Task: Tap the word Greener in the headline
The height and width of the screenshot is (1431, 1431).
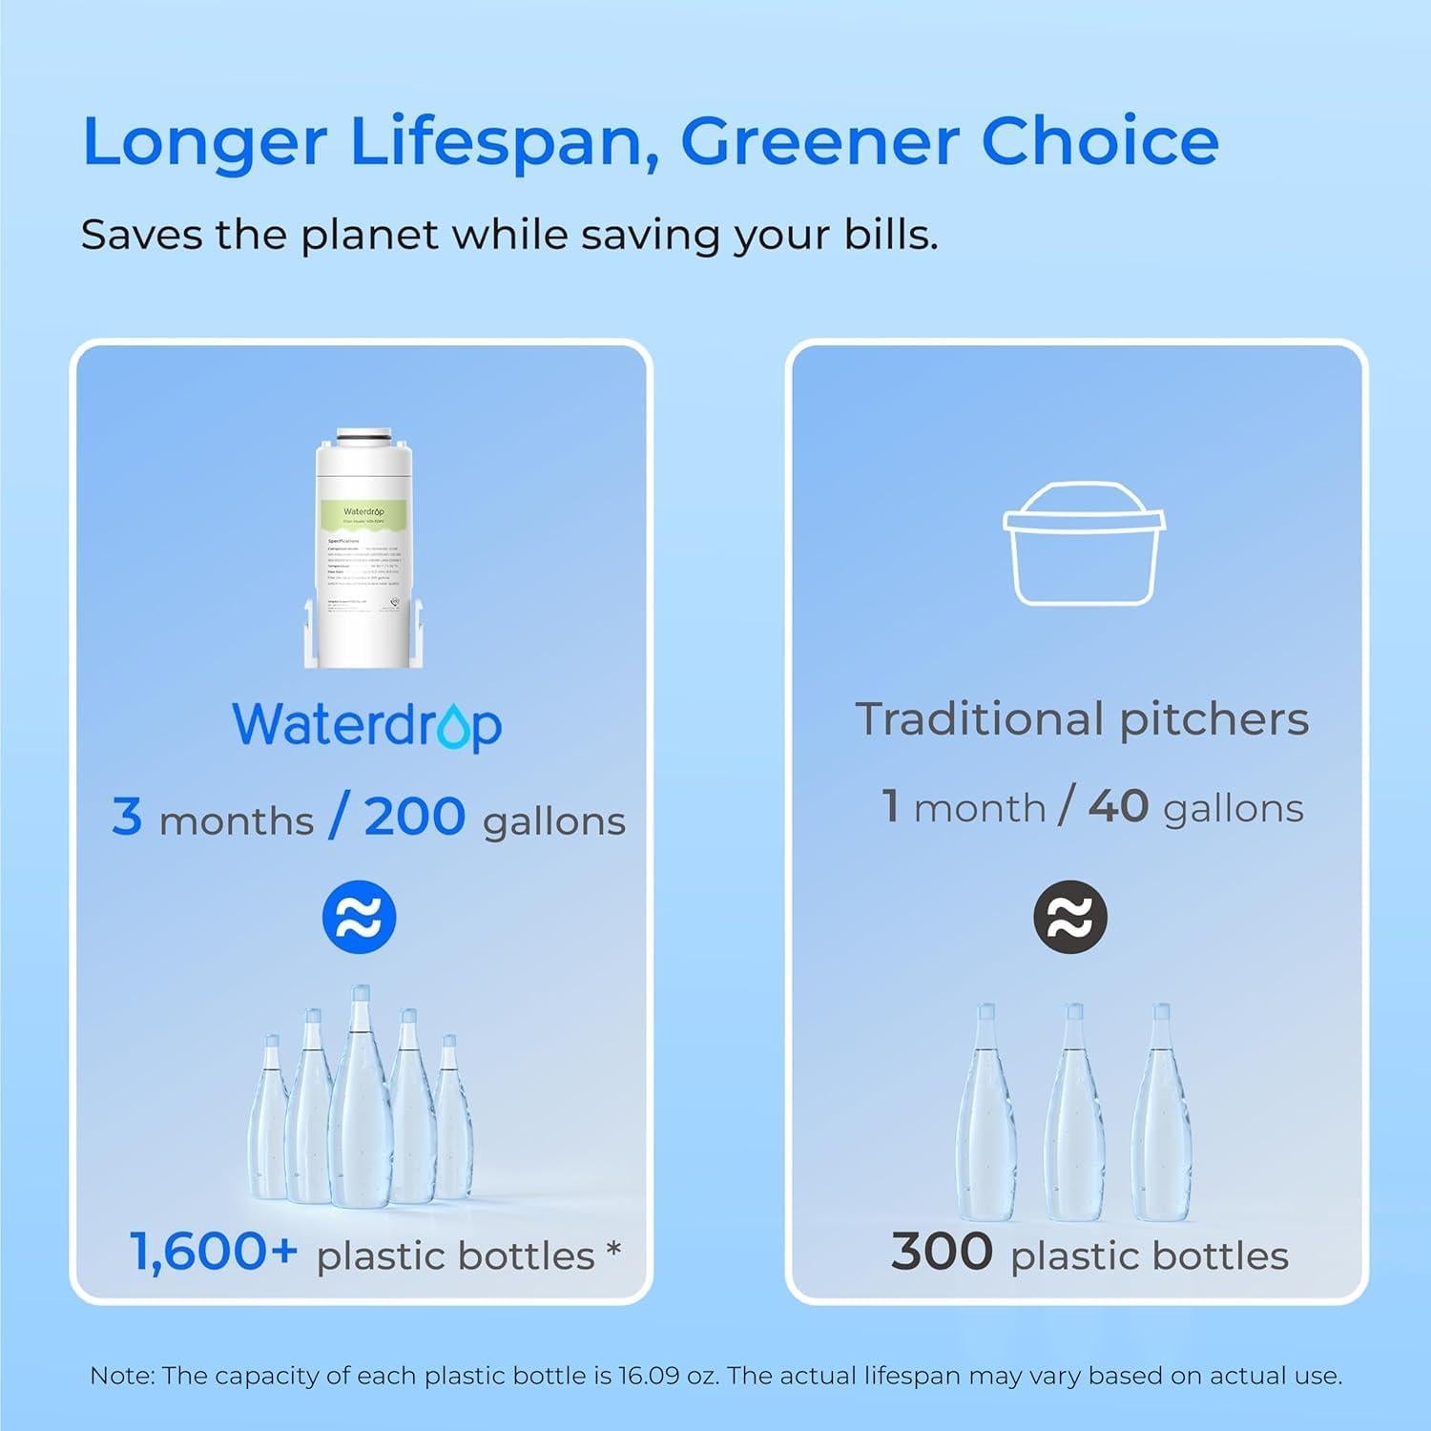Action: (x=819, y=141)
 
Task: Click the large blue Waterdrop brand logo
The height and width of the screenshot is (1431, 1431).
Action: (x=367, y=725)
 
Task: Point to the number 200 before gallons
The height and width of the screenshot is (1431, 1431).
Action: (x=415, y=817)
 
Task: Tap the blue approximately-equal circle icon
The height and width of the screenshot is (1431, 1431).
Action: (x=359, y=918)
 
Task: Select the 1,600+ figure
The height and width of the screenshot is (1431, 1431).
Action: (x=214, y=1252)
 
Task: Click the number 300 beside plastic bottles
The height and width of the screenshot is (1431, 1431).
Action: (x=942, y=1252)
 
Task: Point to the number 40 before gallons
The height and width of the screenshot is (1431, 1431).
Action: (x=1118, y=807)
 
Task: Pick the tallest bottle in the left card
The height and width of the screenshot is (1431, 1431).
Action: (x=360, y=1097)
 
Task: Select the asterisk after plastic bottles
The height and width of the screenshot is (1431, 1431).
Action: (x=613, y=1248)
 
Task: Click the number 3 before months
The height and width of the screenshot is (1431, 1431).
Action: (x=126, y=817)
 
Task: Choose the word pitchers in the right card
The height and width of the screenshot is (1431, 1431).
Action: (x=1214, y=719)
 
